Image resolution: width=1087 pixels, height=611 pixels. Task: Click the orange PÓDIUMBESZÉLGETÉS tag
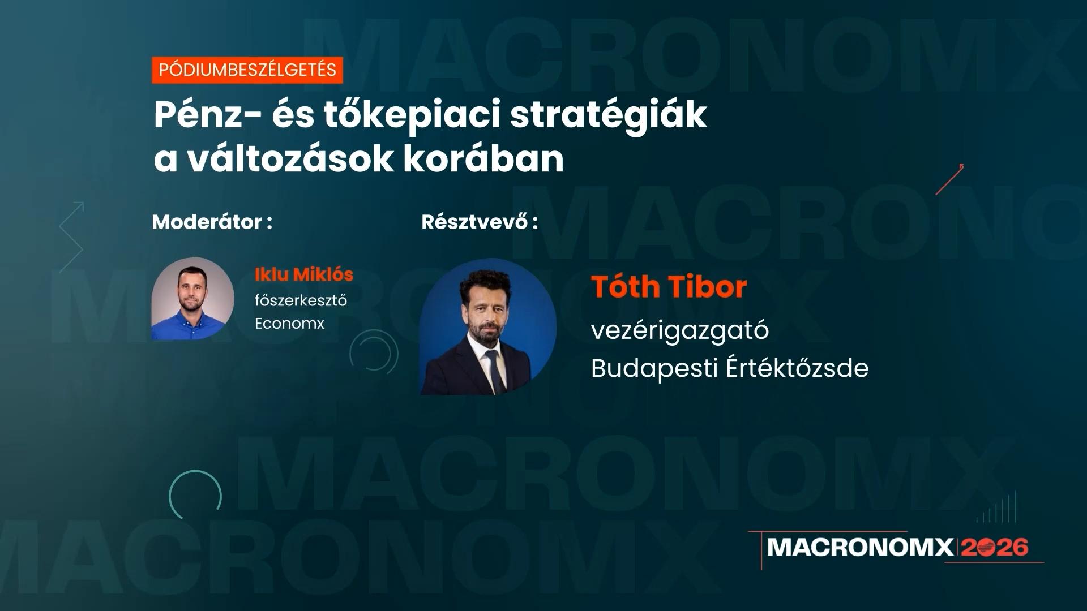(247, 70)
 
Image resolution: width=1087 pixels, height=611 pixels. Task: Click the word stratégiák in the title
(608, 115)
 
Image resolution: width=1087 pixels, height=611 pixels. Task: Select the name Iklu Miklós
(304, 274)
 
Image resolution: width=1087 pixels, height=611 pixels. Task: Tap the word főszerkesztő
(301, 300)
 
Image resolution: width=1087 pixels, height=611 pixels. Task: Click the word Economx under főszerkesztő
(289, 324)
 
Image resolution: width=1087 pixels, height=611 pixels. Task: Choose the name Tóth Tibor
(669, 287)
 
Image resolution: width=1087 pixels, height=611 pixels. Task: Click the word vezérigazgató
(680, 330)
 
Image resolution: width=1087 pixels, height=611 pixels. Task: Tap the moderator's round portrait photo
(192, 299)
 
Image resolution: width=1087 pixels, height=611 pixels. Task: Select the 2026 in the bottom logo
(995, 547)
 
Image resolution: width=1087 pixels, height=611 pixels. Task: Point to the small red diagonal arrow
(950, 179)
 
